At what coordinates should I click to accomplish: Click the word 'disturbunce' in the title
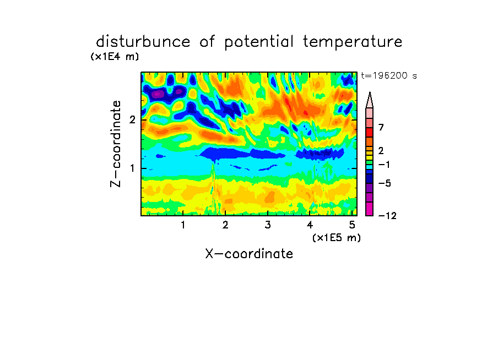tap(143, 41)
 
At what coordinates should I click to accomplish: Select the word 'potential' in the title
tap(258, 42)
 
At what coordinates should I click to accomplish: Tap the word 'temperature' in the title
tap(353, 42)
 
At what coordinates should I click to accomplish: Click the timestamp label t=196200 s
tap(389, 75)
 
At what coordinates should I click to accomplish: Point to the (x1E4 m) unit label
tap(115, 57)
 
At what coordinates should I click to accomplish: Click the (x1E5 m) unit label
tap(337, 237)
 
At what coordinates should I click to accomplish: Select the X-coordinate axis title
tap(249, 254)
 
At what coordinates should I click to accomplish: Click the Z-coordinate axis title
tap(116, 144)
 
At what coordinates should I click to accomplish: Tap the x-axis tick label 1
tap(183, 225)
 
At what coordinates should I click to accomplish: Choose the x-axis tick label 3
tap(268, 225)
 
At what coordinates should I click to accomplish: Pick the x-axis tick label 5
tap(352, 225)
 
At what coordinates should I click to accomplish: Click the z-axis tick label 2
tap(132, 120)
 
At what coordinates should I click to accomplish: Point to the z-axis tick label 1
tap(132, 168)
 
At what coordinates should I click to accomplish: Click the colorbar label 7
tap(381, 128)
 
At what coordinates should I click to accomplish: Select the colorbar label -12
tap(387, 216)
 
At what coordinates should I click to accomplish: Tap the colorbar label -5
tap(385, 183)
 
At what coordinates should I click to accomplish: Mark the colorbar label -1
tap(384, 165)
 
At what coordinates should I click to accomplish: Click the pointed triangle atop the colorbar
tap(370, 100)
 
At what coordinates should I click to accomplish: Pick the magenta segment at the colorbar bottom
tap(370, 209)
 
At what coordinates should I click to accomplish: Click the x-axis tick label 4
tap(310, 225)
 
